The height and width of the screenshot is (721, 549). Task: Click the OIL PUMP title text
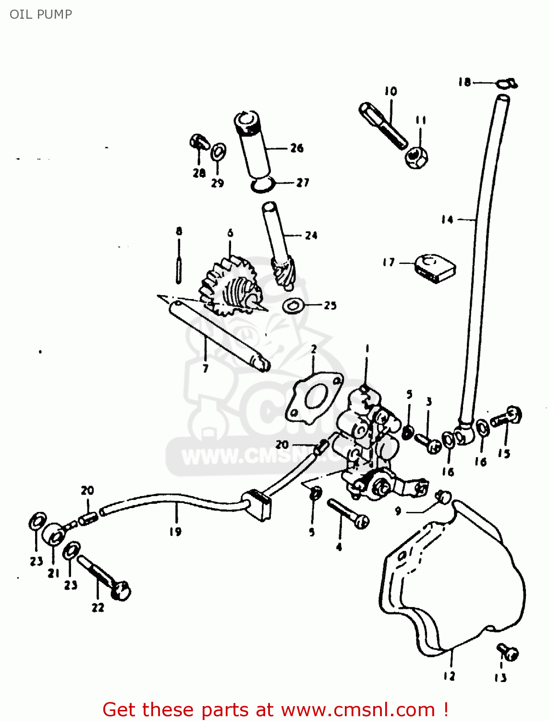click(x=41, y=14)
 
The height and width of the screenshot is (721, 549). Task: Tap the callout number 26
click(x=297, y=148)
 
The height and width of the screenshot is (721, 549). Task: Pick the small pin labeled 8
click(x=179, y=269)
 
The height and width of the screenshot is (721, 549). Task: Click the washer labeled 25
click(x=293, y=305)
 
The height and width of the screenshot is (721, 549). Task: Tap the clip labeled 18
click(x=507, y=84)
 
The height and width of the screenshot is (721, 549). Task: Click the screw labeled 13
click(x=507, y=652)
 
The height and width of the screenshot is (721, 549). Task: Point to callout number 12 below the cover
click(x=449, y=676)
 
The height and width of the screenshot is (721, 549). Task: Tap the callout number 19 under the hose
click(x=175, y=532)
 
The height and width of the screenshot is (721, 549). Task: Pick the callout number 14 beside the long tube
click(x=447, y=220)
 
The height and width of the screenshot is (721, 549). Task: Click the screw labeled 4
click(x=348, y=514)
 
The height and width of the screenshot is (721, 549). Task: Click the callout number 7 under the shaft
click(x=206, y=369)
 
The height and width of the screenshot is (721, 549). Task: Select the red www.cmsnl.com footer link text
click(x=357, y=709)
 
